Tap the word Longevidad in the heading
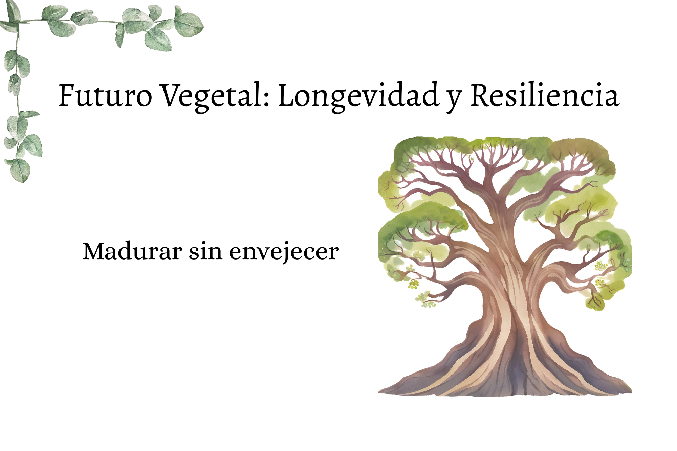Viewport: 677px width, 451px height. (359, 97)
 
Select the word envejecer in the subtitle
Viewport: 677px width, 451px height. (284, 252)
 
